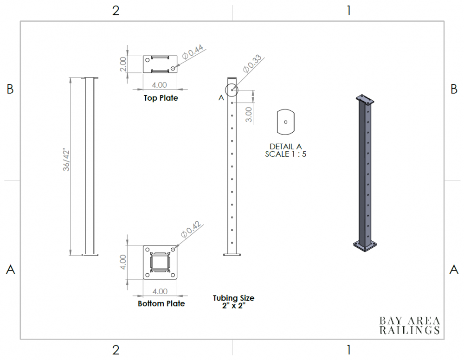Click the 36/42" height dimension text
point(66,161)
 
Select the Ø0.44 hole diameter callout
point(193,52)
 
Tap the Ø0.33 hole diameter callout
point(252,64)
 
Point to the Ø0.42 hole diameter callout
point(191,229)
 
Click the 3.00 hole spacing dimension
point(249,115)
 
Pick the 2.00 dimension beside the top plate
point(123,64)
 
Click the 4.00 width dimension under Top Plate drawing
point(159,85)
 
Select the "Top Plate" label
point(161,98)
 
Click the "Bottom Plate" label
point(161,303)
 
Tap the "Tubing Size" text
point(233,298)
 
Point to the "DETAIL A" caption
point(285,147)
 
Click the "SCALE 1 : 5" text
point(285,154)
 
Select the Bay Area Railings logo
point(410,325)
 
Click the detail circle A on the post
point(232,84)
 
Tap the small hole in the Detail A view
point(285,122)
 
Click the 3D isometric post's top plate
point(365,99)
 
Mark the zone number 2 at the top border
point(116,11)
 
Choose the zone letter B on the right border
point(454,89)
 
